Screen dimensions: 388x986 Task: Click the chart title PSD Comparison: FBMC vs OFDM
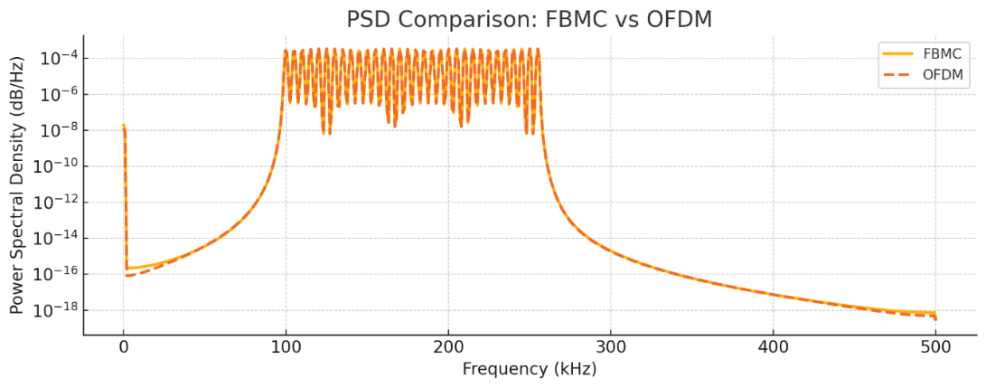click(530, 18)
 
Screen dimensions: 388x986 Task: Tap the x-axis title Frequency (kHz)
click(529, 369)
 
